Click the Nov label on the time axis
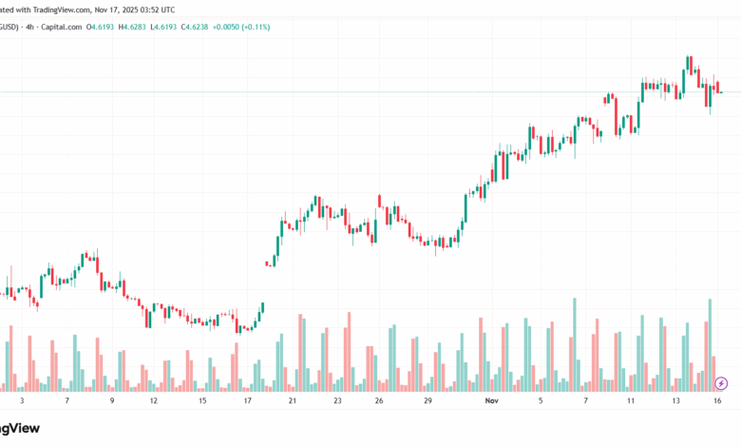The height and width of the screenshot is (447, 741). [x=491, y=401]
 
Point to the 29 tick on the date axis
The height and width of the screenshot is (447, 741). [x=428, y=401]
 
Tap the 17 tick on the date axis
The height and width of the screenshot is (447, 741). [x=247, y=401]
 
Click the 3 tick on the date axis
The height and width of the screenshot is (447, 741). [x=22, y=401]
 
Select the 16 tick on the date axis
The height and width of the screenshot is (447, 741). [x=718, y=401]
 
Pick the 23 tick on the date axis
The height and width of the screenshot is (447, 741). [x=337, y=401]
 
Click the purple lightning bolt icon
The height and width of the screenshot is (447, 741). [x=721, y=382]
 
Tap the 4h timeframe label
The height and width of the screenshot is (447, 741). [x=28, y=27]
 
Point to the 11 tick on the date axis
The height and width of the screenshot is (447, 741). [x=630, y=401]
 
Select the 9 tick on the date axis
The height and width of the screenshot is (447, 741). [x=111, y=401]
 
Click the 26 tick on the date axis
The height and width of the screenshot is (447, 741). [x=378, y=401]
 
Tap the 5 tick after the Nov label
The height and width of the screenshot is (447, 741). [x=541, y=401]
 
